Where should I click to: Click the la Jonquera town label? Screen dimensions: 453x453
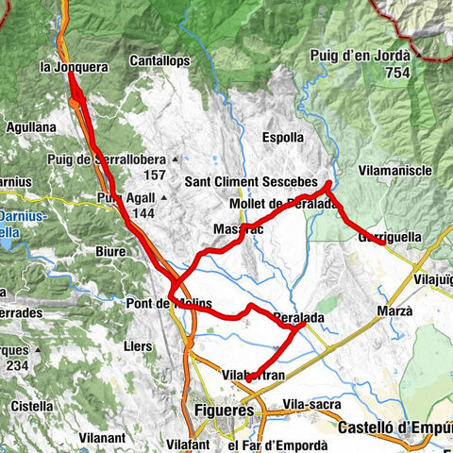pyautogui.click(x=73, y=68)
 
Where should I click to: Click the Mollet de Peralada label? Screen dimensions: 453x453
pyautogui.click(x=283, y=204)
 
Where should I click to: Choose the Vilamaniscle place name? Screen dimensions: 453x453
pyautogui.click(x=395, y=170)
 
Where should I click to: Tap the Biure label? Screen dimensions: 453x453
pyautogui.click(x=110, y=253)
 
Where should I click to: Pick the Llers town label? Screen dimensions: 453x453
pyautogui.click(x=138, y=346)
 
